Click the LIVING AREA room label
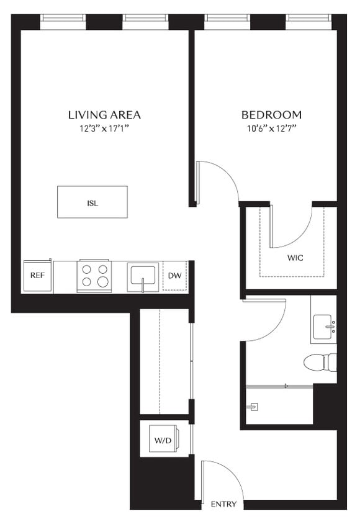[x=104, y=115]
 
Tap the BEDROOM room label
[x=271, y=115]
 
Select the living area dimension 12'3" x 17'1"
[x=104, y=129]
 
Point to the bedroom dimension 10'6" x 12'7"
[x=271, y=129]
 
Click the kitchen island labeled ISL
[x=92, y=202]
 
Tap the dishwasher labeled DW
[x=174, y=276]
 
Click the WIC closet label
[x=295, y=257]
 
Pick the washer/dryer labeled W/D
[x=163, y=440]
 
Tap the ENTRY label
[x=223, y=504]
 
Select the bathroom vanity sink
[x=323, y=327]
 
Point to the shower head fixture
[x=254, y=407]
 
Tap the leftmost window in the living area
[x=63, y=22]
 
